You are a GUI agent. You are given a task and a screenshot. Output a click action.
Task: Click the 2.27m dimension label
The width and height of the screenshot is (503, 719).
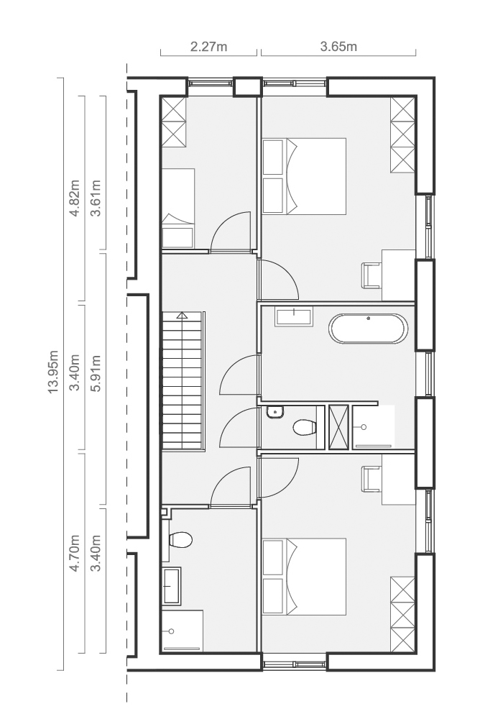[x=208, y=46]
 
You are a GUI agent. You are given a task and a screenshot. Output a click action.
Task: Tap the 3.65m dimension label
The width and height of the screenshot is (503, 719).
[x=338, y=46]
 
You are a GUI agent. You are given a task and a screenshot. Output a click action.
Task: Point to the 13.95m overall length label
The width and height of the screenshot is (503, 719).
[x=53, y=372]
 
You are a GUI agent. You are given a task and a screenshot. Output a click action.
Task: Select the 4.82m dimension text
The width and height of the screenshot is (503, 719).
[x=74, y=198]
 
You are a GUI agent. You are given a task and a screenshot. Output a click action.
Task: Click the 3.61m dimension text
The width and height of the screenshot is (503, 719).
[x=96, y=198]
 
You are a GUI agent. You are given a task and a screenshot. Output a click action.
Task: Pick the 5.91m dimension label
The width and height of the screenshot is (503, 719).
[x=96, y=372]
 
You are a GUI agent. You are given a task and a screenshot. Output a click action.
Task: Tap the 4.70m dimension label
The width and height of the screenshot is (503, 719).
[x=74, y=553]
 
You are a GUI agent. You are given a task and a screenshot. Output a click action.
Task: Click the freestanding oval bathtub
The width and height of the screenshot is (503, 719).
[x=368, y=329]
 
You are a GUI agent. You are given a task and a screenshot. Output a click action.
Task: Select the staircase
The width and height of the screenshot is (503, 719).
[x=183, y=381]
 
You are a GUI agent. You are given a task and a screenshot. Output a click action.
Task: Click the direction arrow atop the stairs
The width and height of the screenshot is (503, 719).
[x=183, y=315]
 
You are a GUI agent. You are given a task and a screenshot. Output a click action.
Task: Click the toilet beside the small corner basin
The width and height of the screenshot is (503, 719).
[x=305, y=428]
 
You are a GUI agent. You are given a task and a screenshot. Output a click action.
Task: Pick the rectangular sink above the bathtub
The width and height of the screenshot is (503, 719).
[x=294, y=317]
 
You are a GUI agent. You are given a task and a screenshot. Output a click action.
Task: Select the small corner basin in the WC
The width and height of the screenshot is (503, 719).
[x=275, y=412]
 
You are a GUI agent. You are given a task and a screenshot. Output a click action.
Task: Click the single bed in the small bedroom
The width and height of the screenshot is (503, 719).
[x=179, y=209]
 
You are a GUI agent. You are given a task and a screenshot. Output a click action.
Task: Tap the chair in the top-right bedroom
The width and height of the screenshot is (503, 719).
[x=372, y=275]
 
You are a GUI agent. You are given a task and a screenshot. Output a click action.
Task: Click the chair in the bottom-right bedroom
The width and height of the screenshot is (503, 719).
[x=372, y=479]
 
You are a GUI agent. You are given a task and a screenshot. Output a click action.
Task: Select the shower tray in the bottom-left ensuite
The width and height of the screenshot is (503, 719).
[x=183, y=630]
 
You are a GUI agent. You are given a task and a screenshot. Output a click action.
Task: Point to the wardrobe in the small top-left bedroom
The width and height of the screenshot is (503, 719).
[x=174, y=122]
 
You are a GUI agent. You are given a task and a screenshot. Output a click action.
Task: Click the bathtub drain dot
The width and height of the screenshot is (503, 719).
[x=369, y=318]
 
